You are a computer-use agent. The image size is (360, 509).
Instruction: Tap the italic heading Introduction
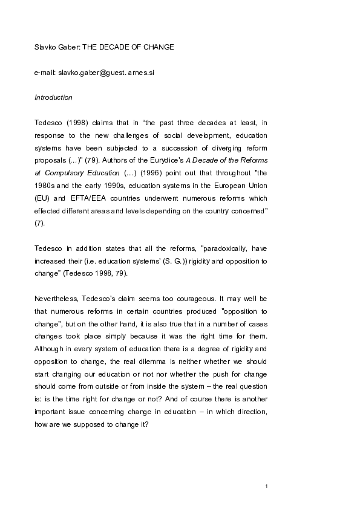[53, 97]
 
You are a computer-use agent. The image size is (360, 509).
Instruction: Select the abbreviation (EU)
[42, 198]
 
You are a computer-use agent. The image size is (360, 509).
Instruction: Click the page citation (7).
[39, 223]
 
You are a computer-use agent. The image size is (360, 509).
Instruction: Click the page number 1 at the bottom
[266, 486]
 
